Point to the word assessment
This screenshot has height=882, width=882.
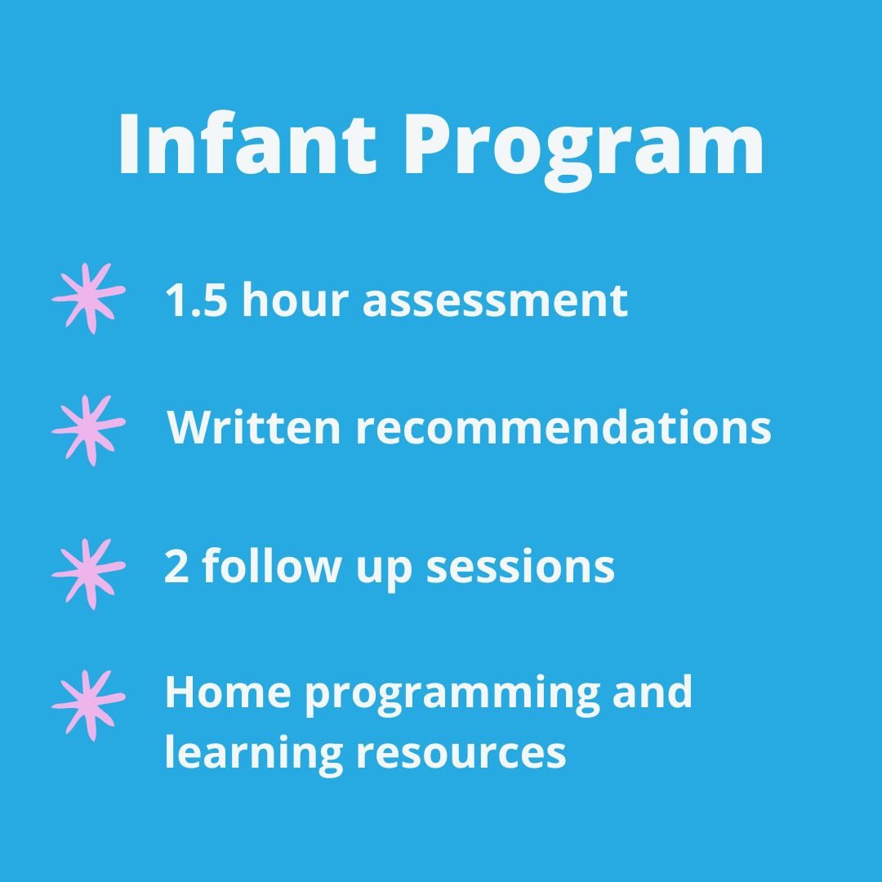coord(495,301)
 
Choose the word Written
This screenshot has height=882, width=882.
coord(254,427)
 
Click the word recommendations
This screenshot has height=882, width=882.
coord(563,427)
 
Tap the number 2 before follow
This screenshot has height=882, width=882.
coord(176,566)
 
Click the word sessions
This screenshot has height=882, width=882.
coord(520,566)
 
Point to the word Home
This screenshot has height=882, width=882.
coord(228,693)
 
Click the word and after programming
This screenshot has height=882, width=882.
coord(653,693)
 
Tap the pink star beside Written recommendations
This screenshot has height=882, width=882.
coord(88,430)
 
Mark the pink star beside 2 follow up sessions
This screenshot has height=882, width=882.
coord(88,572)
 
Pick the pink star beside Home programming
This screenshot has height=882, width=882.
coord(88,705)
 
